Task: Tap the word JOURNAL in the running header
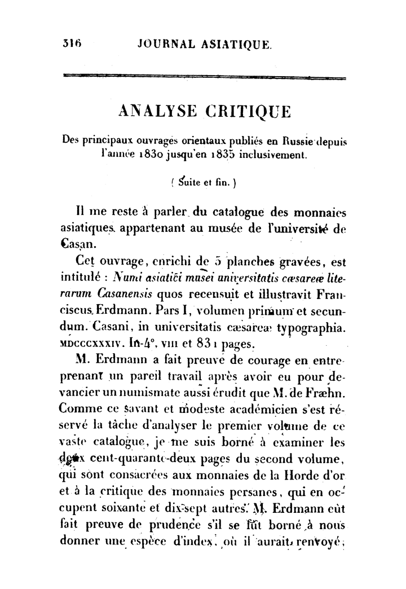(165, 43)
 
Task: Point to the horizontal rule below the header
(204, 77)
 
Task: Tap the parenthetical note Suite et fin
(203, 182)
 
